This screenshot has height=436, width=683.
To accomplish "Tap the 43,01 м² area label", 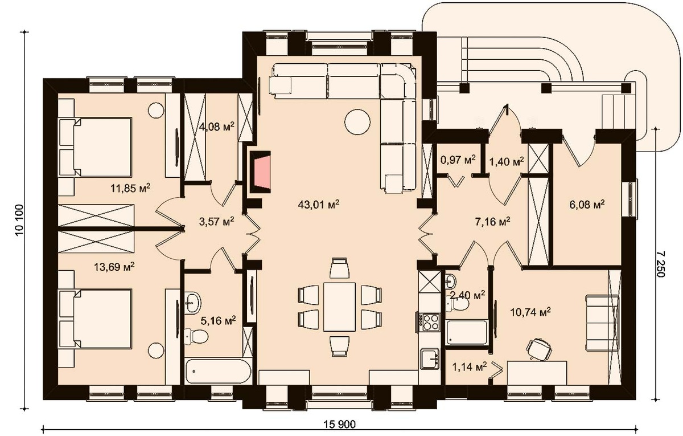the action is pyautogui.click(x=319, y=204).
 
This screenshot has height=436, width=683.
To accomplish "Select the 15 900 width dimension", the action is pyautogui.click(x=339, y=425).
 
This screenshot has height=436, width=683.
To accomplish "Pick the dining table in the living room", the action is pyautogui.click(x=340, y=307).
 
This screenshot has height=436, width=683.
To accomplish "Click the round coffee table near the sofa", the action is pyautogui.click(x=357, y=122).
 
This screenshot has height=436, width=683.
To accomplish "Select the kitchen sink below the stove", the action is pyautogui.click(x=430, y=358).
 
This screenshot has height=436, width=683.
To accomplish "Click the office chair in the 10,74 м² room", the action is pyautogui.click(x=539, y=348).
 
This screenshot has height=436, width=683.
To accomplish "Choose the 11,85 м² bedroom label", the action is pyautogui.click(x=130, y=188).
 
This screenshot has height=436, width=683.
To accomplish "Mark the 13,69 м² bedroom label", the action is pyautogui.click(x=114, y=267).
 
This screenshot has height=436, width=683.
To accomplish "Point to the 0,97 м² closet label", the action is pyautogui.click(x=458, y=160).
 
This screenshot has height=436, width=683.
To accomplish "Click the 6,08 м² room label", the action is pyautogui.click(x=587, y=204).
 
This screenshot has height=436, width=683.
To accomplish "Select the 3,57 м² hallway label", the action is pyautogui.click(x=217, y=221).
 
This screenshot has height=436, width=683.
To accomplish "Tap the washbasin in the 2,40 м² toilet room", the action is pyautogui.click(x=450, y=281).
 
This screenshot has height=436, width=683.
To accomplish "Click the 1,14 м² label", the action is pyautogui.click(x=469, y=366).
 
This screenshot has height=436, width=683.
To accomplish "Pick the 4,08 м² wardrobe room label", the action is pyautogui.click(x=217, y=126).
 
